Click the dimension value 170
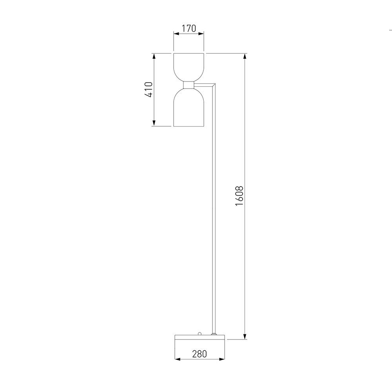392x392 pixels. click(x=189, y=28)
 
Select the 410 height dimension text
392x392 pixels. click(x=149, y=90)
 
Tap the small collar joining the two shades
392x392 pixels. click(x=189, y=85)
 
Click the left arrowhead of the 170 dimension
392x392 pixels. click(x=176, y=34)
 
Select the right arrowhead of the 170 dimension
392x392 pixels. click(x=202, y=34)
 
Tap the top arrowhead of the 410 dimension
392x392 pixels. click(x=154, y=56)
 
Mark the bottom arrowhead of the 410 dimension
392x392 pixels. click(x=154, y=123)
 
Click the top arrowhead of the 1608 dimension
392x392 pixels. click(x=245, y=56)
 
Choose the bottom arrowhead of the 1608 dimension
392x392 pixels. click(x=245, y=336)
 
